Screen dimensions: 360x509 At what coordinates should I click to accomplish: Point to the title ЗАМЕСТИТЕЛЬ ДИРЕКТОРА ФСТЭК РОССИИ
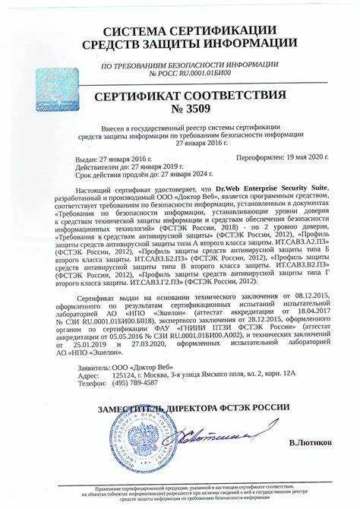193,409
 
